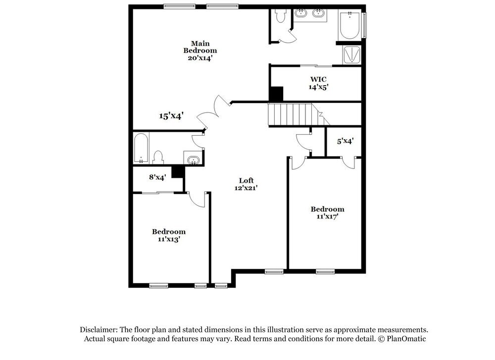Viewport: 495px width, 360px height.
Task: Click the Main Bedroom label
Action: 200,47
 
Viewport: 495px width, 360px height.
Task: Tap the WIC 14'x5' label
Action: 318,83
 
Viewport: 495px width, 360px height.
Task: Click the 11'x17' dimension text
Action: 327,216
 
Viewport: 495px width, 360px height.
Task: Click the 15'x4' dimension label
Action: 171,116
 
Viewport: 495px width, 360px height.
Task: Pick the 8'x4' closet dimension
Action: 157,176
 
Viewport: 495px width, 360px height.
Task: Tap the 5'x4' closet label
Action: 345,141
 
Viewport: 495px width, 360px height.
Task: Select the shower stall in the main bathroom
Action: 352,54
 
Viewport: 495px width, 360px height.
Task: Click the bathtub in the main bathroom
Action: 350,26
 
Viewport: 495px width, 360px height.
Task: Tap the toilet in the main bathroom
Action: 281,17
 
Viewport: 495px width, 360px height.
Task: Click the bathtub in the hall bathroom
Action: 141,148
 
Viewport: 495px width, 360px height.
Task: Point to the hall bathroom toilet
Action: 158,158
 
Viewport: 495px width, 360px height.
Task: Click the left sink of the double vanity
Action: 301,14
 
